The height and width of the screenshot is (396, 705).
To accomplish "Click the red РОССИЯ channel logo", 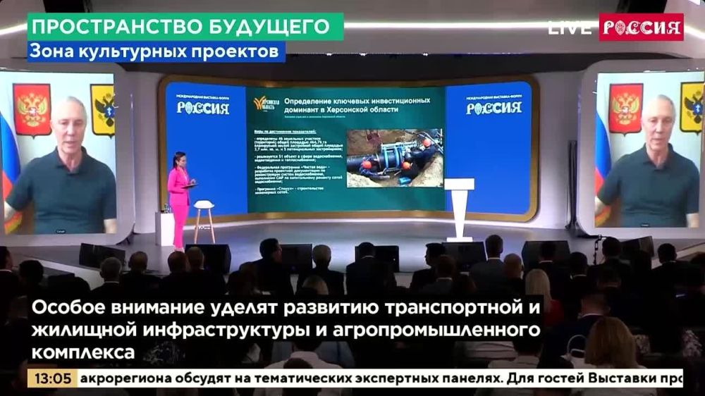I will (x=641, y=27).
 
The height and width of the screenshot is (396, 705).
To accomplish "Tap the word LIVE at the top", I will (x=570, y=28).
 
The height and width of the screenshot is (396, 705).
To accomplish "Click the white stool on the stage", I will (x=204, y=218).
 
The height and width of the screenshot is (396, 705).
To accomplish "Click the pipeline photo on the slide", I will (x=394, y=158).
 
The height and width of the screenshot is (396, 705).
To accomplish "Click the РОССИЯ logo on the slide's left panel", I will (x=202, y=108).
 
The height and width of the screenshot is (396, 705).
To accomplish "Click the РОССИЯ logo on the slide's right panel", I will (x=493, y=108).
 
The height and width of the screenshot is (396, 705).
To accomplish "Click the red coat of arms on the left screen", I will (x=32, y=109).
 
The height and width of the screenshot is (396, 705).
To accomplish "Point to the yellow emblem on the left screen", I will (x=104, y=109).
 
